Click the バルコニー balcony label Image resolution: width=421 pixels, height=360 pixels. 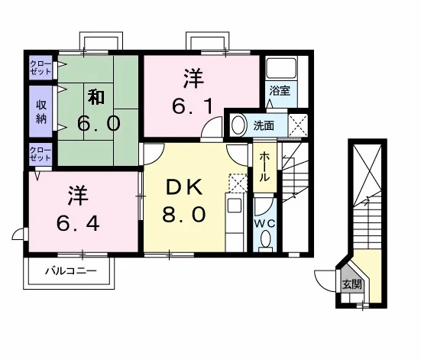click(x=70, y=271)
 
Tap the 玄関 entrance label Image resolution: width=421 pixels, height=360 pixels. click(x=352, y=284)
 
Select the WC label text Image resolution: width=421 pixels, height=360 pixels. click(x=264, y=223)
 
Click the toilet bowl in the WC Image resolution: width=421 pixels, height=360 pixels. click(x=266, y=239)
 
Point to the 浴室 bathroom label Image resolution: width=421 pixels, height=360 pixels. click(x=280, y=91)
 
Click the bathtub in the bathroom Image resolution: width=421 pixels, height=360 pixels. click(x=281, y=68)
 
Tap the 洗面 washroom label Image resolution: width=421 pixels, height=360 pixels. click(x=264, y=125)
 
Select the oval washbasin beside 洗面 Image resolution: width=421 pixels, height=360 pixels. click(x=238, y=125)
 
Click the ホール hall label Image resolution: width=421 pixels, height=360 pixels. click(x=264, y=167)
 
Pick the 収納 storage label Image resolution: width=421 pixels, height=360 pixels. click(x=41, y=112)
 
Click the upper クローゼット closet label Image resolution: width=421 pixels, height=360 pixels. click(x=40, y=68)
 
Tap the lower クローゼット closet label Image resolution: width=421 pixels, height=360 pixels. click(x=40, y=154)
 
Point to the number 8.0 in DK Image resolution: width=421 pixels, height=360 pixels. click(x=184, y=214)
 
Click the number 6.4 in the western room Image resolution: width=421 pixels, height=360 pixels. click(x=78, y=223)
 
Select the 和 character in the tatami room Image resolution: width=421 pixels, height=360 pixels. click(x=97, y=97)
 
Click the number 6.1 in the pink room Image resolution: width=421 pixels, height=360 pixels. click(x=193, y=106)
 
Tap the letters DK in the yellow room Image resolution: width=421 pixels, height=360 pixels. click(x=184, y=187)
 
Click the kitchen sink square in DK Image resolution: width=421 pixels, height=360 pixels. click(x=234, y=206)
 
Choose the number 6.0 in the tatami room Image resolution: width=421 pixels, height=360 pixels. click(x=99, y=124)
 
